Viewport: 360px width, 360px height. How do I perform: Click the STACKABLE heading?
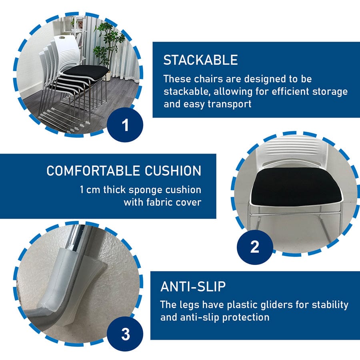coord(200,60)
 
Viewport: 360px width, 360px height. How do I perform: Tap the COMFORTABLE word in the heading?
coord(93,171)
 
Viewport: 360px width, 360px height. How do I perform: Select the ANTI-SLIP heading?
coord(193,286)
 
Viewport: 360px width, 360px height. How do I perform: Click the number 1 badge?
coord(125,125)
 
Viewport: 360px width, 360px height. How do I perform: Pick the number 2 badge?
coord(255,247)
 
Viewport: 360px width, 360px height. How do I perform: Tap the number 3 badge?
coord(125,334)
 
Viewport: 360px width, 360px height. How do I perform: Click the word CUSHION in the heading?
coord(173,171)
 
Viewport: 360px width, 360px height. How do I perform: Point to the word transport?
coord(230,104)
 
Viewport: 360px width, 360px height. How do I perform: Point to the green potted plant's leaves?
coord(108,44)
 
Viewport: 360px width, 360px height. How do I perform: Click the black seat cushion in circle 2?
coord(296,187)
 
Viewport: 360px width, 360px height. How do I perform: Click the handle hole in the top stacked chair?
coord(62,38)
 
